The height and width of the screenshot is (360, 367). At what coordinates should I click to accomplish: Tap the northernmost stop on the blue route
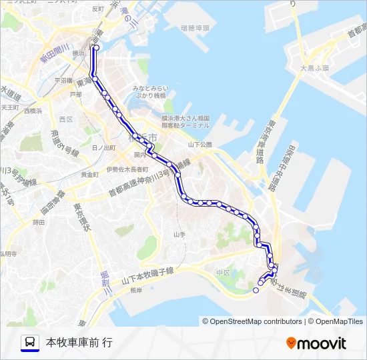[x=95, y=47]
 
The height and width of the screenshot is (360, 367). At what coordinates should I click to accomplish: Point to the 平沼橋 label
[x=63, y=80]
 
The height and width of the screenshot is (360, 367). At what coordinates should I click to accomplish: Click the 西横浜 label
[x=32, y=111]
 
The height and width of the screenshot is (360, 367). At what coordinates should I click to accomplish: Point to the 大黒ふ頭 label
[x=314, y=68]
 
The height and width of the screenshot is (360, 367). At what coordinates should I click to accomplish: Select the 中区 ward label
[x=222, y=273]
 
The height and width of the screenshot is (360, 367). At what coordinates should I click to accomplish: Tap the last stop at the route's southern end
[x=256, y=290]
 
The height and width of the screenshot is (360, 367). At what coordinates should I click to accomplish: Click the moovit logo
[x=316, y=343]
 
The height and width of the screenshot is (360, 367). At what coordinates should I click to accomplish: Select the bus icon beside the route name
[x=29, y=343]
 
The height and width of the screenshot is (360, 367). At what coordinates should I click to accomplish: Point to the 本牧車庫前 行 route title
[x=79, y=343]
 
